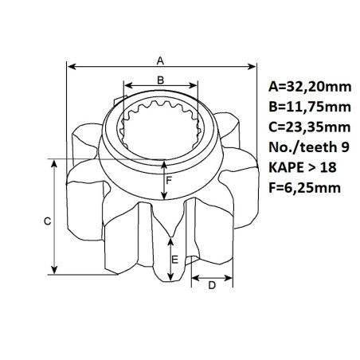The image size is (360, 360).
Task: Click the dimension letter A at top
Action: (161, 61)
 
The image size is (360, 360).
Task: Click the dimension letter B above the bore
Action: (160, 80)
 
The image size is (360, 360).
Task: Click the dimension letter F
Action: (169, 181)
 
